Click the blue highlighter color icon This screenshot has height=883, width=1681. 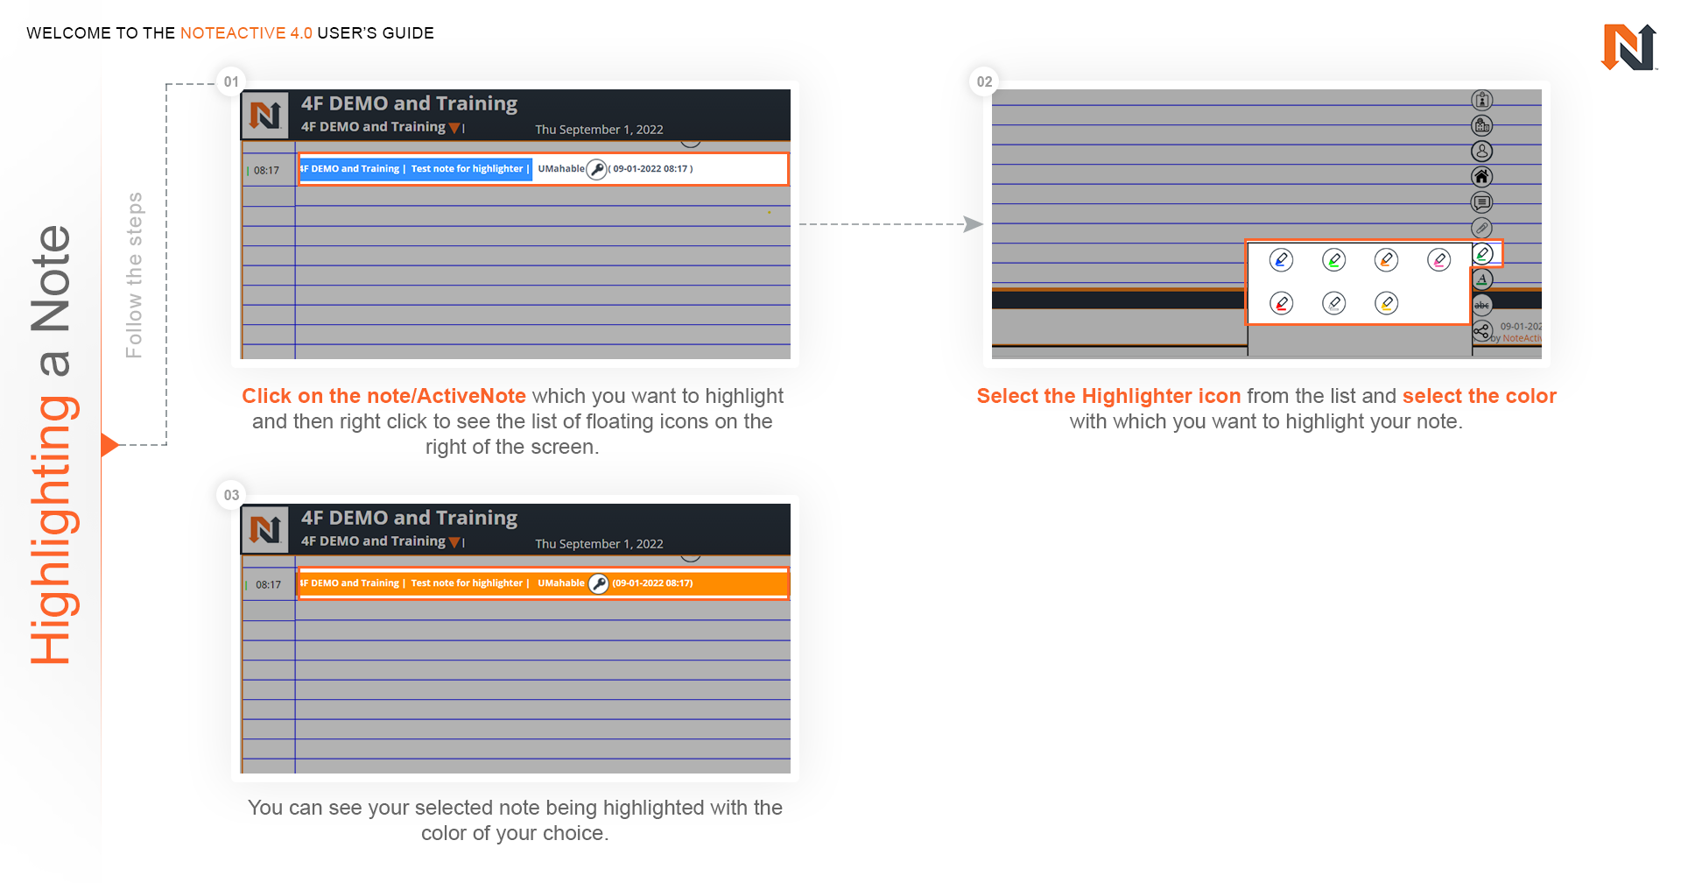[x=1281, y=260]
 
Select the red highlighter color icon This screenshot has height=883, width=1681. [x=1281, y=303]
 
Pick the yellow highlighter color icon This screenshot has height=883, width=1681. [x=1386, y=303]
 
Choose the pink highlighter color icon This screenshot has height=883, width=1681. [x=1438, y=260]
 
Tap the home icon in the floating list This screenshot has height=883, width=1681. [x=1481, y=177]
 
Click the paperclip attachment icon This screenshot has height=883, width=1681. [x=1481, y=228]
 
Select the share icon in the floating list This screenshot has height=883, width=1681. [x=1481, y=331]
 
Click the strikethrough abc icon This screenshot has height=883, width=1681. [x=1481, y=305]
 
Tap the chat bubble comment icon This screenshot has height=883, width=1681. [x=1481, y=202]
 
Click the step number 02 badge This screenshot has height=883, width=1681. [x=984, y=81]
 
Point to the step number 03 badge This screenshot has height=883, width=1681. [x=231, y=495]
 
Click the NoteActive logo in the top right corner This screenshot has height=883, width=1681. [x=1628, y=46]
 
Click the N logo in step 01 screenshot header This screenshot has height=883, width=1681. [x=265, y=115]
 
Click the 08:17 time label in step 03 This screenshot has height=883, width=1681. [x=268, y=584]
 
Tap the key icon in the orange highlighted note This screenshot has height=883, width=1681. [x=598, y=583]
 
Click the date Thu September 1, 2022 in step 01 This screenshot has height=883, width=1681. [x=599, y=130]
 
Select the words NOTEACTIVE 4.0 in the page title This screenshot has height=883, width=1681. [x=246, y=33]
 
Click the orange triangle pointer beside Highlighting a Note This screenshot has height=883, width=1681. [x=109, y=445]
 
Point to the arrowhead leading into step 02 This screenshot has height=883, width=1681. [x=973, y=224]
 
